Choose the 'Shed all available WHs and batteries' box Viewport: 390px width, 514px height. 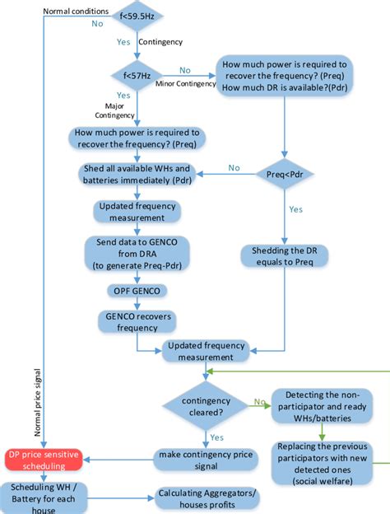(137, 174)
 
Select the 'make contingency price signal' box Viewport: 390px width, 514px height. (196, 460)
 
